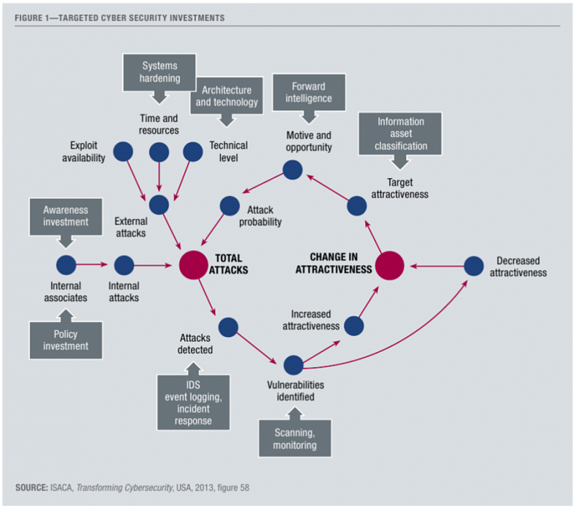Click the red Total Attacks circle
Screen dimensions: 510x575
pos(193,265)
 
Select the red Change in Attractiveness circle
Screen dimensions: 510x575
pos(389,265)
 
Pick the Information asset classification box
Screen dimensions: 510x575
pos(401,133)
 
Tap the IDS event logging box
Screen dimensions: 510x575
pos(192,401)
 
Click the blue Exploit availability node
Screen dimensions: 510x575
pos(123,152)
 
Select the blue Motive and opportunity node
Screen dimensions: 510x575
pos(292,170)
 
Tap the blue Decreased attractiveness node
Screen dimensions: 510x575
pos(473,266)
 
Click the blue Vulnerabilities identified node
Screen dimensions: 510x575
pos(293,365)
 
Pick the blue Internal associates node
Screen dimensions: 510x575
pos(66,265)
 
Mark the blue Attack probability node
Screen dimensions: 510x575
pos(229,206)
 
